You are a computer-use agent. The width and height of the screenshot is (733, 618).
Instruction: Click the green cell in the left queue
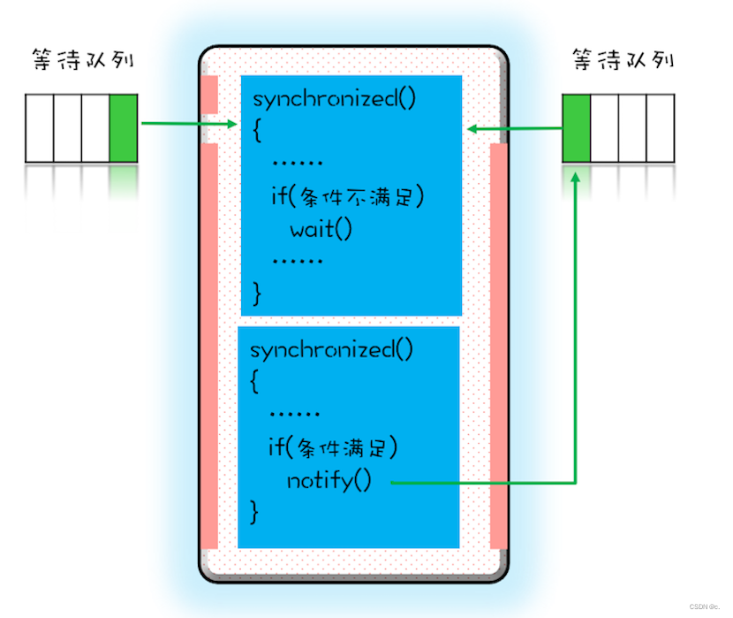125,127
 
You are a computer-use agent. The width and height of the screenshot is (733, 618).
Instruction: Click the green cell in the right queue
577,128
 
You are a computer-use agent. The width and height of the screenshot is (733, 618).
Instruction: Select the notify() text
329,481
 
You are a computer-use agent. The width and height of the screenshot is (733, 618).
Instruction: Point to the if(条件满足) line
332,448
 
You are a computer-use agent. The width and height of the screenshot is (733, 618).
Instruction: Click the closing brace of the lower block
255,511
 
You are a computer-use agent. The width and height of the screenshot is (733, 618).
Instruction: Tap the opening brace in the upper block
258,131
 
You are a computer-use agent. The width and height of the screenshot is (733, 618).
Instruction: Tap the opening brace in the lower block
255,381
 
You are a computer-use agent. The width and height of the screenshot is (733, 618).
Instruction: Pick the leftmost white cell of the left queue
40,127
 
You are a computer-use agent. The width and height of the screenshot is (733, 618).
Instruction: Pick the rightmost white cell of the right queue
661,128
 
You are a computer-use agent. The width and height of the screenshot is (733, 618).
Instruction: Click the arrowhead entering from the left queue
232,124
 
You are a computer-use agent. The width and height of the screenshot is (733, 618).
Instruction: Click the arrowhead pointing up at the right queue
577,178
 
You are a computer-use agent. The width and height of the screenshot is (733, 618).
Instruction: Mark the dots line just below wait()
297,263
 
